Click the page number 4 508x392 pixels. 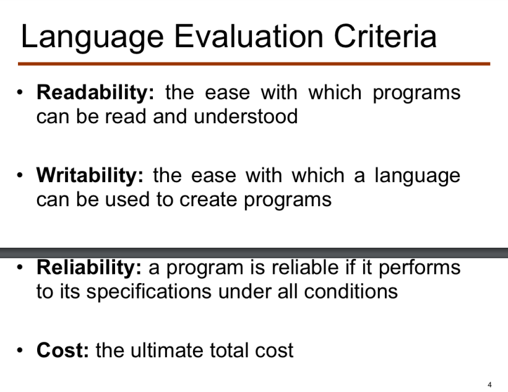pos(489,385)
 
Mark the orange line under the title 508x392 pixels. pos(254,63)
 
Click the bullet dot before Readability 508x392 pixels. pos(20,94)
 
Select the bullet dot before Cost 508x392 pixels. pos(20,351)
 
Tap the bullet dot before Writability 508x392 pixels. pos(20,176)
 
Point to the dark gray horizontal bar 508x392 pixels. pos(254,253)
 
